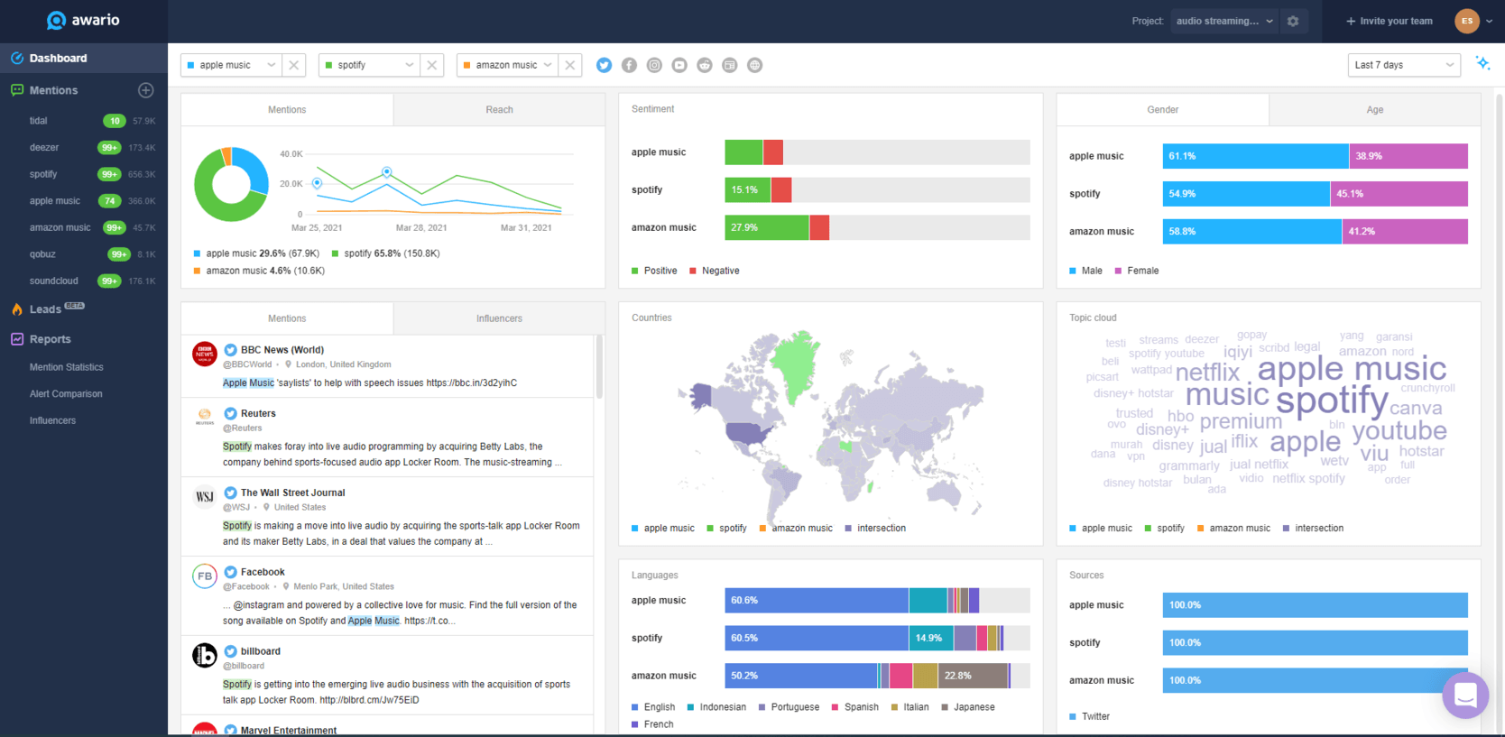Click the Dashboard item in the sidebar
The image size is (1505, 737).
(x=58, y=58)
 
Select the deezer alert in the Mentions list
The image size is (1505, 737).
(x=44, y=147)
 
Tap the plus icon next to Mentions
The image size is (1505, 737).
(x=146, y=90)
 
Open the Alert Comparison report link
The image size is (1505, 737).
(x=66, y=393)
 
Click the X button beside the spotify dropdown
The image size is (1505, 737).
(x=432, y=65)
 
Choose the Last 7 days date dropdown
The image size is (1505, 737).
(x=1403, y=65)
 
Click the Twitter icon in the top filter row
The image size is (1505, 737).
(x=605, y=65)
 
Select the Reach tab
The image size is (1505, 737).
(x=499, y=110)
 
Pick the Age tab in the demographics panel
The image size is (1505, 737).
(x=1374, y=110)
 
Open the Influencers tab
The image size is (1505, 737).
(x=499, y=318)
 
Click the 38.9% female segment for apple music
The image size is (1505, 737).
(x=1408, y=156)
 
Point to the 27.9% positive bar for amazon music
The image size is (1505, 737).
(x=767, y=227)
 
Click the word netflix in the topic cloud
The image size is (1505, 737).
(x=1207, y=373)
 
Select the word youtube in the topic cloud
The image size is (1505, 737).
(x=1399, y=430)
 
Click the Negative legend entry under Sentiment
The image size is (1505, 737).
(x=719, y=271)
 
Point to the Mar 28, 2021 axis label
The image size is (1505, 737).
(x=421, y=228)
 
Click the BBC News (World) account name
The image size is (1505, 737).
(x=282, y=350)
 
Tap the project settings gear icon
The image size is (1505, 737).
(x=1293, y=21)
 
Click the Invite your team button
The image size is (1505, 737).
(x=1389, y=21)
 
